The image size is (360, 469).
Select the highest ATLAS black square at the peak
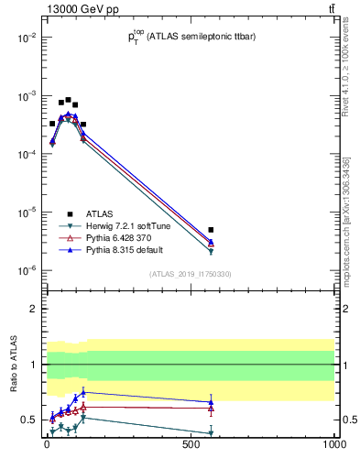coord(68,100)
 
